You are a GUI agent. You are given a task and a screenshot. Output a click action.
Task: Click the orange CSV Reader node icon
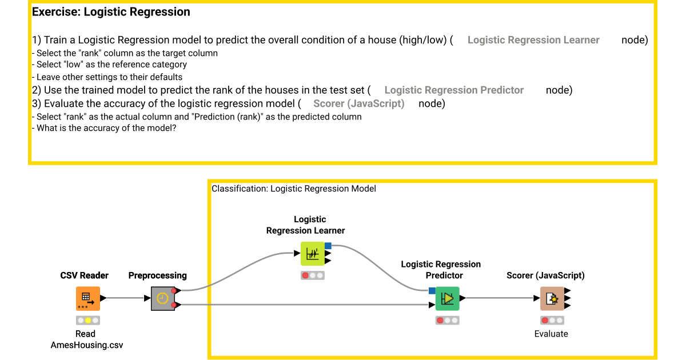click(x=87, y=298)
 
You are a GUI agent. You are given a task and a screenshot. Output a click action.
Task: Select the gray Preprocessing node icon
click(x=162, y=298)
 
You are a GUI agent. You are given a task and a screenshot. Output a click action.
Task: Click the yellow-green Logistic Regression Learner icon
click(x=312, y=254)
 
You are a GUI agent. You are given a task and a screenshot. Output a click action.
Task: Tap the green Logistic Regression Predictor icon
click(x=447, y=298)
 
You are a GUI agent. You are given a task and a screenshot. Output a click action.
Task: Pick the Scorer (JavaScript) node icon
click(x=552, y=298)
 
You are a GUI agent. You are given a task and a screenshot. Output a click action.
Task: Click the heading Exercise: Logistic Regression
click(x=111, y=12)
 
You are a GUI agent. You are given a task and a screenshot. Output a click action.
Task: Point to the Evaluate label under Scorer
click(x=551, y=334)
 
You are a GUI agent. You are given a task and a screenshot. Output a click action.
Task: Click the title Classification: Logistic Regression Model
click(x=294, y=188)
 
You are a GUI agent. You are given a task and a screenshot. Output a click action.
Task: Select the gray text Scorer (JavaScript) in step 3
click(x=358, y=103)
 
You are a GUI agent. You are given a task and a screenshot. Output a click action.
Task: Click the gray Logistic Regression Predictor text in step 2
click(x=454, y=90)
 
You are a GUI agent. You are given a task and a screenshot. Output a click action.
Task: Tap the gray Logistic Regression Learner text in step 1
click(x=533, y=40)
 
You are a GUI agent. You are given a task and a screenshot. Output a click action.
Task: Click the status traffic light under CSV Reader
click(x=87, y=321)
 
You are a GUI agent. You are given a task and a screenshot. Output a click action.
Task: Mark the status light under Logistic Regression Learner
click(x=312, y=275)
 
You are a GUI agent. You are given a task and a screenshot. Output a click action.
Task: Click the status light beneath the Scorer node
click(x=552, y=321)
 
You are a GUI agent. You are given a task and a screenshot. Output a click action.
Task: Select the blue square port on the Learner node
click(x=328, y=246)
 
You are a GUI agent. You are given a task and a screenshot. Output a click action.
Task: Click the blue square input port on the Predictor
click(x=432, y=291)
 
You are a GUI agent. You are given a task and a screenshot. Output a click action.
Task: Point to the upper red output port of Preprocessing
click(x=173, y=291)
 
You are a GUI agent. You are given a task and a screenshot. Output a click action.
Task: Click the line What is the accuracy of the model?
click(x=106, y=129)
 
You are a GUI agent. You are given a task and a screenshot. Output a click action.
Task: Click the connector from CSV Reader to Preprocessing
click(x=123, y=298)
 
